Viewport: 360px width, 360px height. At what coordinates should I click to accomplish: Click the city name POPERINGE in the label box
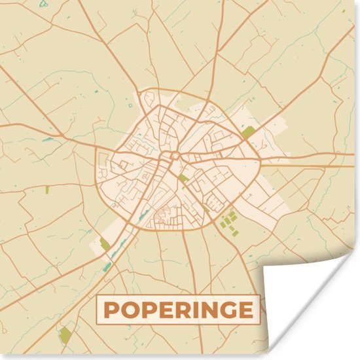(x=178, y=310)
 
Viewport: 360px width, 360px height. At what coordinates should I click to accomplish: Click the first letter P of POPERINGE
(x=112, y=310)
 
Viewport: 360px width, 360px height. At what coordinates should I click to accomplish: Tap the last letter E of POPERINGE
(x=243, y=310)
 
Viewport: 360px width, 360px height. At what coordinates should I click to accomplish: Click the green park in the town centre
(x=184, y=177)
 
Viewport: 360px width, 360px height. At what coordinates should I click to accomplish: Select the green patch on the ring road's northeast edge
(x=247, y=132)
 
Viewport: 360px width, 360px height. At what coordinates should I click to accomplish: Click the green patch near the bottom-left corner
(x=65, y=335)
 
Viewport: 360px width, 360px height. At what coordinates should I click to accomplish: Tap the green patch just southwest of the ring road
(x=105, y=244)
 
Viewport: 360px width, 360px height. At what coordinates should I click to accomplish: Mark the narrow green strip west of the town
(x=47, y=190)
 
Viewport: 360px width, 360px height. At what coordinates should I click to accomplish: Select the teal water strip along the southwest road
(x=107, y=266)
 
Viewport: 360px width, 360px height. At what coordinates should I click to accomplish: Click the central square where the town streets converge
(x=173, y=156)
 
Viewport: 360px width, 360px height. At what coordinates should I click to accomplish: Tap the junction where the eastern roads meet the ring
(x=260, y=158)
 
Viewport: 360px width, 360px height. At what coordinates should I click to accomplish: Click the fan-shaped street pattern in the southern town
(x=168, y=216)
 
